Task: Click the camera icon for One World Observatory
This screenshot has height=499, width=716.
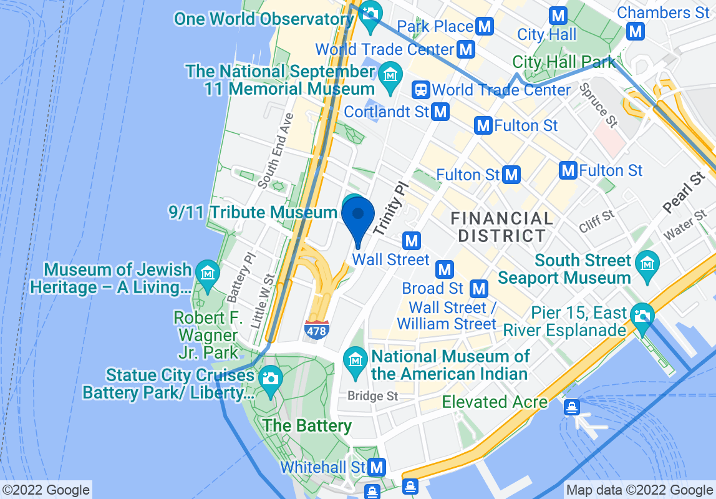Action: (370, 12)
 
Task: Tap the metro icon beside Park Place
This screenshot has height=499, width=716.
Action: (485, 26)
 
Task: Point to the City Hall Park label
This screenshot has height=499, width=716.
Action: (564, 62)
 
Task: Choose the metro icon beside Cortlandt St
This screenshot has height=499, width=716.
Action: (441, 112)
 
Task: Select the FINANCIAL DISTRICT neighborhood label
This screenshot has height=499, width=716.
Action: (502, 227)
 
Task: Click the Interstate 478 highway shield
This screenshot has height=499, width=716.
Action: (316, 330)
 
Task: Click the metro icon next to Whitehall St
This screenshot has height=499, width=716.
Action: (377, 467)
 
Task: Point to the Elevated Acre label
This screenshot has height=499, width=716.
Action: (495, 402)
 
